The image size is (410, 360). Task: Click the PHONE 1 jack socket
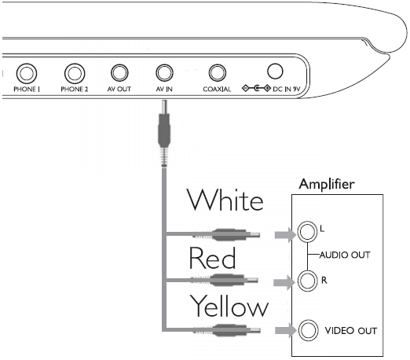pos(27,74)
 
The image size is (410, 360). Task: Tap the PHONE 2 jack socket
pos(75,74)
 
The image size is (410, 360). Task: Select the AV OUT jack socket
pos(119,73)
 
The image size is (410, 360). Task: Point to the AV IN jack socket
pos(164,73)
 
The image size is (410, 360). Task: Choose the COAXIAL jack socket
pos(218,73)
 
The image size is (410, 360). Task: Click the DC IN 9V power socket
pos(275,71)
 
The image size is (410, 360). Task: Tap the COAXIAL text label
pos(217,90)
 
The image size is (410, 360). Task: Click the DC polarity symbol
pos(256,88)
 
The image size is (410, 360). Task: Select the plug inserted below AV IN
pos(164,133)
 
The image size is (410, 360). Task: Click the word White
pos(225,200)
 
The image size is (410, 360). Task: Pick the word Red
pos(212,258)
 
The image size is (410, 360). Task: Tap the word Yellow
pos(229,306)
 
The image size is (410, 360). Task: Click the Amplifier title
pos(327,184)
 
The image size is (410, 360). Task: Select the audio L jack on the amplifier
pos(307,232)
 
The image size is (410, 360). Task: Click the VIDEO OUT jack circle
pos(308,330)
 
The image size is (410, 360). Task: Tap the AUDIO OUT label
pos(345,255)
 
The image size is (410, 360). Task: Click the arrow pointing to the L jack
pos(285,235)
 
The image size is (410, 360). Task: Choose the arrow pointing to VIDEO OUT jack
pos(286,330)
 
